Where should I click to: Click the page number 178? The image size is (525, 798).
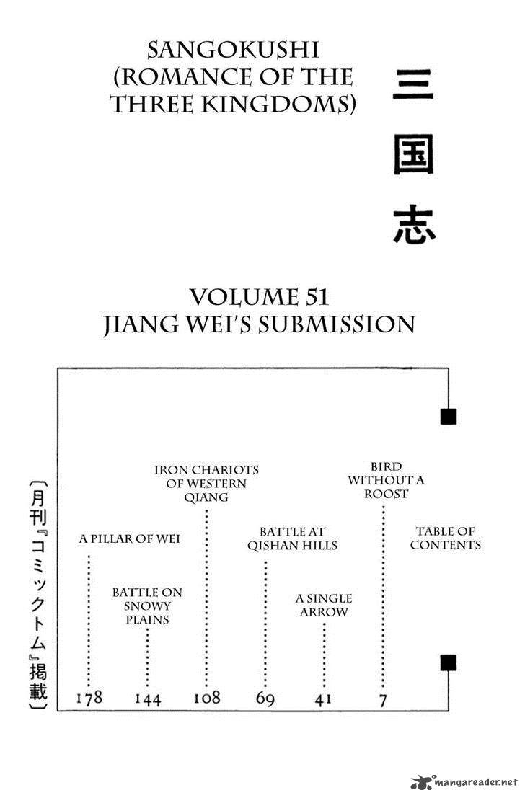pyautogui.click(x=89, y=698)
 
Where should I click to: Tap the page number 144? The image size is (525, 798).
pyautogui.click(x=147, y=699)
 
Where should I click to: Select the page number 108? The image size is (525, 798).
pyautogui.click(x=207, y=698)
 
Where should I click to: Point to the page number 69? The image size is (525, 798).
pyautogui.click(x=265, y=699)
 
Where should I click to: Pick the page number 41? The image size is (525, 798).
pyautogui.click(x=324, y=699)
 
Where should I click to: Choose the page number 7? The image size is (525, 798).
pyautogui.click(x=382, y=699)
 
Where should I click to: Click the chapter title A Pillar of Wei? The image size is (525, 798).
pyautogui.click(x=130, y=538)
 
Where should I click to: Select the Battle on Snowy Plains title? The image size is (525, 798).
pyautogui.click(x=147, y=606)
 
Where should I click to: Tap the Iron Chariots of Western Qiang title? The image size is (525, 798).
pyautogui.click(x=206, y=483)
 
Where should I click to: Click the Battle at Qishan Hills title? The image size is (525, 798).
pyautogui.click(x=292, y=538)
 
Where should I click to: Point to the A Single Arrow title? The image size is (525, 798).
pyautogui.click(x=324, y=606)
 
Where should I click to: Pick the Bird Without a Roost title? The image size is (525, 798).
pyautogui.click(x=377, y=479)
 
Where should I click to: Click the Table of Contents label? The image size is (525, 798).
pyautogui.click(x=445, y=538)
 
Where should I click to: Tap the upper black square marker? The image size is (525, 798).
pyautogui.click(x=448, y=416)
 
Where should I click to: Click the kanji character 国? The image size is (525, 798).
pyautogui.click(x=413, y=156)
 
